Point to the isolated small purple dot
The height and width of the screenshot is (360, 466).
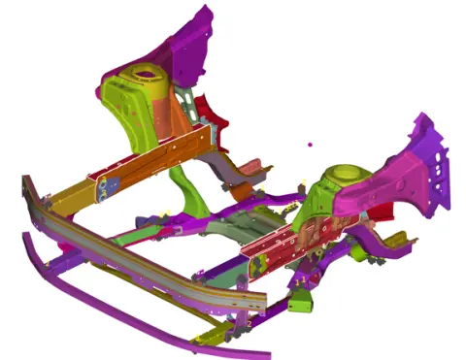[310, 145]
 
